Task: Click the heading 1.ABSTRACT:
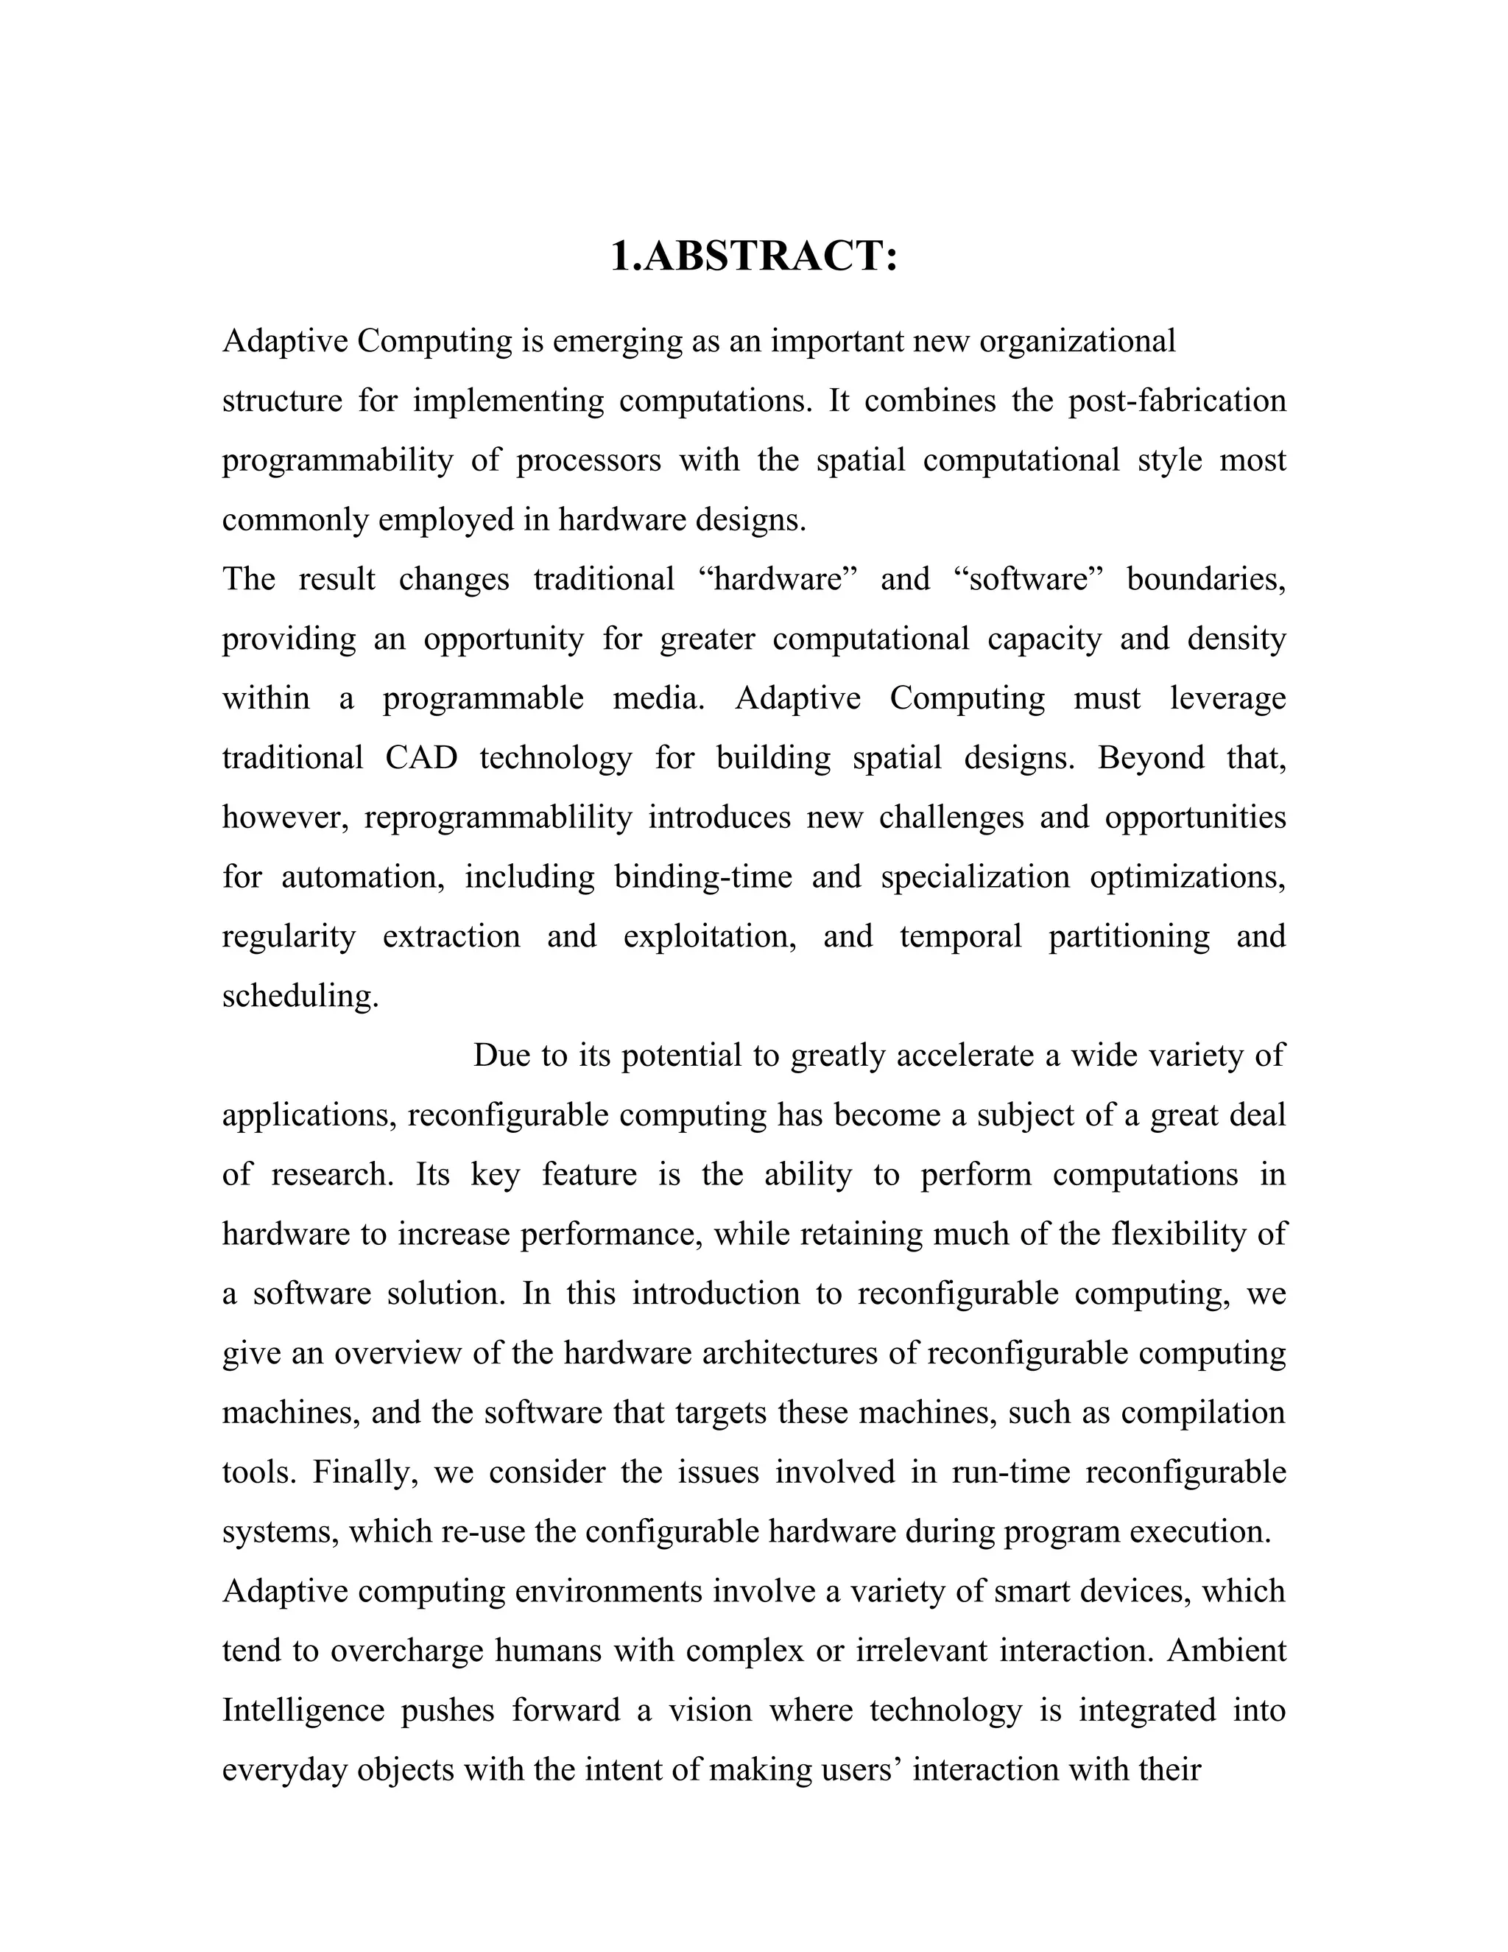753,256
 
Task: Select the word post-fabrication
1177,401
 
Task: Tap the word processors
589,460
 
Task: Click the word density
1236,639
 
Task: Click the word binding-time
703,877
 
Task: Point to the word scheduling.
300,996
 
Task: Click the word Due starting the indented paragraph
502,1056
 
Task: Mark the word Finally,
365,1472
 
